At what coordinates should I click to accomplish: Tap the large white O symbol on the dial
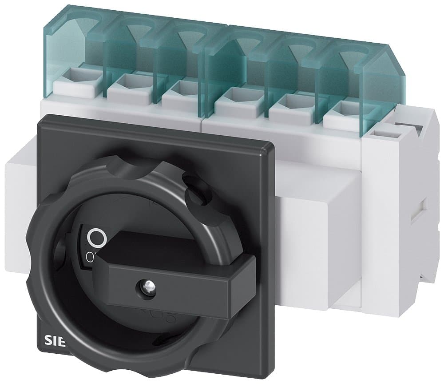96,238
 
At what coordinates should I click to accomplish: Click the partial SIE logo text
55,342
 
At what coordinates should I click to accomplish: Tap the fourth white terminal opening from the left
234,94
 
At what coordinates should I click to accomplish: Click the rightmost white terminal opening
342,107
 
